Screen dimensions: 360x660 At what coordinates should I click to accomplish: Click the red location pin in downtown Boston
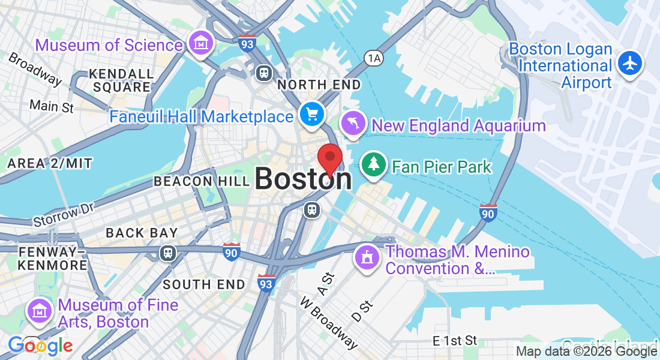click(329, 158)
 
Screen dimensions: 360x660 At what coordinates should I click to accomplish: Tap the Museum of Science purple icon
click(200, 43)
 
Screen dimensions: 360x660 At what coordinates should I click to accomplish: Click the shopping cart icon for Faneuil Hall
click(311, 114)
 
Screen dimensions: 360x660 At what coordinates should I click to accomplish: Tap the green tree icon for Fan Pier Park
click(374, 164)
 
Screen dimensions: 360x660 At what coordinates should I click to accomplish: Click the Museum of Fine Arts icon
click(40, 312)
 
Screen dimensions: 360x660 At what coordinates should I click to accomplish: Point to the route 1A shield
click(373, 58)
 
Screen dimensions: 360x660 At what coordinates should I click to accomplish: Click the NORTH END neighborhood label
click(319, 85)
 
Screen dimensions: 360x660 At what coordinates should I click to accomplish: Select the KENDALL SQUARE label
click(121, 80)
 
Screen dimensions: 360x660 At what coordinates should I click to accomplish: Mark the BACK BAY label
click(142, 233)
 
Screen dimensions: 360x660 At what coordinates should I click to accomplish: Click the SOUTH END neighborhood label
click(204, 284)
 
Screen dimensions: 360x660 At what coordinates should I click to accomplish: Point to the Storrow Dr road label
click(65, 214)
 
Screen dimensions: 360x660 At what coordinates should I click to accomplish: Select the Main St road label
click(52, 107)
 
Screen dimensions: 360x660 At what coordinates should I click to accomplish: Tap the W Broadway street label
click(329, 322)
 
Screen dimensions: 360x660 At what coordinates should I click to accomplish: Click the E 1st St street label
click(455, 341)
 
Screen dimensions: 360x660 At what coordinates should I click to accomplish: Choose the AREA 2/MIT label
click(49, 163)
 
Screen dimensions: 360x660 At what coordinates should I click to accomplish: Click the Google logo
click(40, 346)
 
